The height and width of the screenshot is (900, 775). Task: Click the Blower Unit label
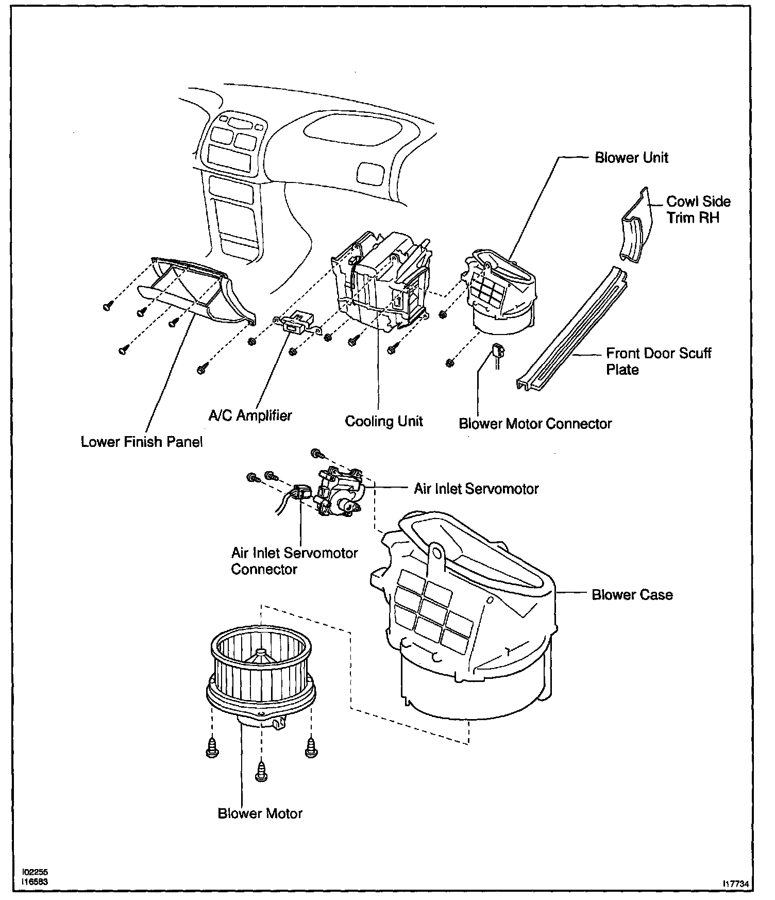point(631,157)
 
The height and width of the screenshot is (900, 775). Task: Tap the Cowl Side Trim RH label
point(698,209)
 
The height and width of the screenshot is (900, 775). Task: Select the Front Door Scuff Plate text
point(658,361)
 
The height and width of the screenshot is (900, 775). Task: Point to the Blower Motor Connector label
point(535,424)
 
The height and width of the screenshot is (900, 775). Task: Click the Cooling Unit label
point(384,421)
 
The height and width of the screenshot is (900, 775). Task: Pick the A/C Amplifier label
point(250,415)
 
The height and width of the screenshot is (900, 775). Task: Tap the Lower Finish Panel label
point(142,442)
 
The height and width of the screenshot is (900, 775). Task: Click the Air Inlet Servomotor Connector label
point(294,561)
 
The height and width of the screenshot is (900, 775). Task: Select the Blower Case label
point(632,595)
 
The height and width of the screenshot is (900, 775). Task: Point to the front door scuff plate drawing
point(572,330)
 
